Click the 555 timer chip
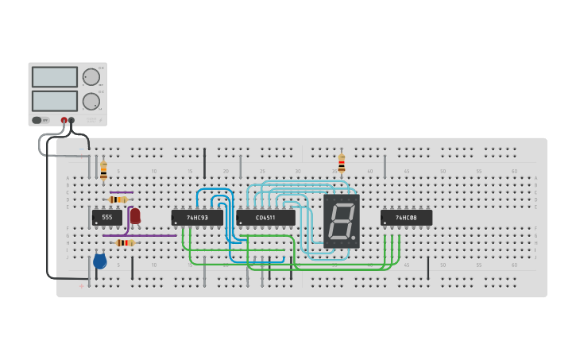[106, 217]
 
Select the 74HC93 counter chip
[197, 217]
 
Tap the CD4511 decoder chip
[265, 217]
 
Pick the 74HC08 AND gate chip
[406, 217]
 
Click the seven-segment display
[342, 220]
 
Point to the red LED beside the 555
[135, 215]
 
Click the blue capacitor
[99, 261]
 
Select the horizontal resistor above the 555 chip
[118, 199]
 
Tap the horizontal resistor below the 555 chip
[125, 242]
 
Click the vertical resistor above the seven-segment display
[342, 164]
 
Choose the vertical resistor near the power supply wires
[103, 169]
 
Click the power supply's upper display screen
[55, 77]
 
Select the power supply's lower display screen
[55, 101]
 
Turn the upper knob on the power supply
[91, 77]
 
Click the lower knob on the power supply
[91, 101]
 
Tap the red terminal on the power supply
[64, 120]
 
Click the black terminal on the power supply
[72, 120]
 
